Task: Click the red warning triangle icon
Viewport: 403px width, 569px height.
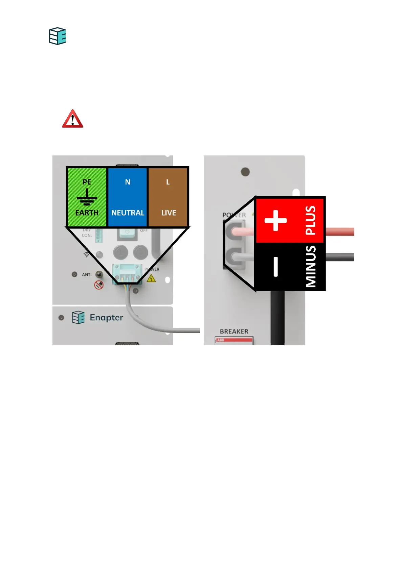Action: point(72,119)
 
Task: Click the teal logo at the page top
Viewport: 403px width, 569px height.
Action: point(58,36)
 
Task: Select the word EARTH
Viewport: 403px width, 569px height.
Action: point(87,213)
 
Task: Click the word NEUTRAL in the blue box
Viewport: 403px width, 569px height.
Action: point(128,213)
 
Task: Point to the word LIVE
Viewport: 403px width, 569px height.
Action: point(169,213)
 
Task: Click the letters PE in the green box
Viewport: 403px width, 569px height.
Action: point(87,182)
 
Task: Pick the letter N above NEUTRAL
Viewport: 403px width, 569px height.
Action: point(128,182)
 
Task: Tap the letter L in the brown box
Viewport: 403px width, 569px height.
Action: point(168,182)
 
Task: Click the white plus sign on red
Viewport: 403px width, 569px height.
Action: point(275,220)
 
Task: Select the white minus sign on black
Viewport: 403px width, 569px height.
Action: point(275,267)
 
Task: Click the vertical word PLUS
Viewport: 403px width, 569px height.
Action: point(311,220)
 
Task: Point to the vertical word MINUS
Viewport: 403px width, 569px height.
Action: point(311,267)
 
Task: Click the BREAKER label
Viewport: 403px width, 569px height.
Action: point(234,331)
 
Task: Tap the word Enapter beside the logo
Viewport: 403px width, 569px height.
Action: point(106,318)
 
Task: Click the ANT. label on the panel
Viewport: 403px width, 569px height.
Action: point(87,275)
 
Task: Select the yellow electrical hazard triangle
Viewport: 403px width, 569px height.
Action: point(151,278)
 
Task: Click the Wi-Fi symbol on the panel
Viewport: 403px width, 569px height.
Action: point(87,254)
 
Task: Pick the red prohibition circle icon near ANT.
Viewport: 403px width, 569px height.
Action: point(99,285)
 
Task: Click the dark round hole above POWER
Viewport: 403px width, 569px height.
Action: point(245,172)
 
